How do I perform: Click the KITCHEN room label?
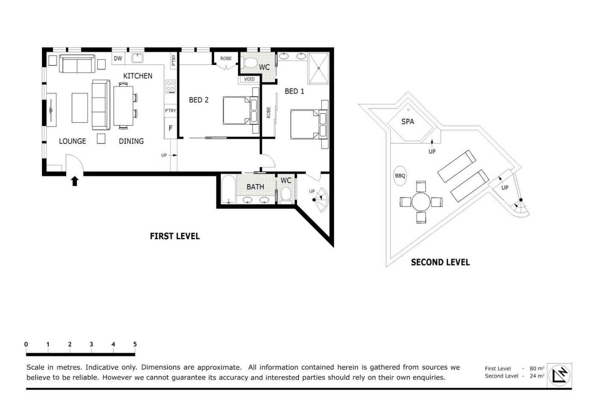(138, 76)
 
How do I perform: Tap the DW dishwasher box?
(118, 59)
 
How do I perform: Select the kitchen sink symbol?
(138, 58)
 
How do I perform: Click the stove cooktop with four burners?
(170, 86)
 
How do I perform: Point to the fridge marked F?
(170, 129)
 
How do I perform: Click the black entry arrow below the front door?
(75, 181)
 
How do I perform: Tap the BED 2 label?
(199, 100)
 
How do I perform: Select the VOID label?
(249, 79)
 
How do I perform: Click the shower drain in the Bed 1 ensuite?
(319, 68)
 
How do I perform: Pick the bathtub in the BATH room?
(229, 189)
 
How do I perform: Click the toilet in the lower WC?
(286, 194)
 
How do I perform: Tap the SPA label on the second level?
(407, 122)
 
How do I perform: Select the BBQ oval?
(400, 176)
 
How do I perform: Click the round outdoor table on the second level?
(421, 202)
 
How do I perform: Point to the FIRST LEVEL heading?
(175, 236)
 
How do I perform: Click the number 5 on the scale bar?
(135, 344)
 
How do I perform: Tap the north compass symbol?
(560, 375)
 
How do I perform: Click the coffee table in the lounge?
(80, 108)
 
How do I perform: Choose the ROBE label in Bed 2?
(226, 59)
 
